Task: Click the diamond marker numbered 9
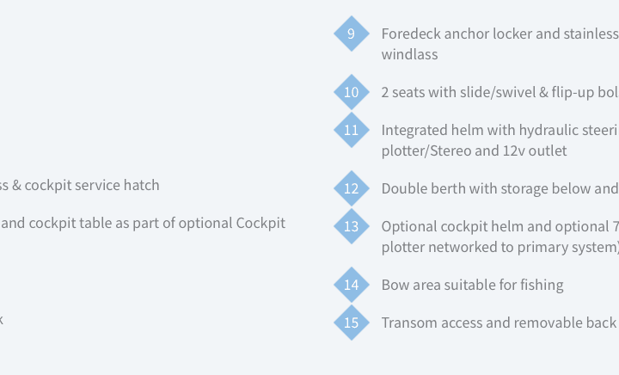point(352,34)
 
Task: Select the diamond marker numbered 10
point(352,92)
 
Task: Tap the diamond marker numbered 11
point(352,130)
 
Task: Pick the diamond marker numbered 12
point(352,188)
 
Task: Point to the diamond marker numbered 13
point(352,226)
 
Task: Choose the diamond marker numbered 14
point(352,285)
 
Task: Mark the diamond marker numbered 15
point(352,323)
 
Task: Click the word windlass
point(409,54)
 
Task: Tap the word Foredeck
point(411,34)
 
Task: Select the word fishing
point(542,285)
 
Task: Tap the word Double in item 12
point(403,188)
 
